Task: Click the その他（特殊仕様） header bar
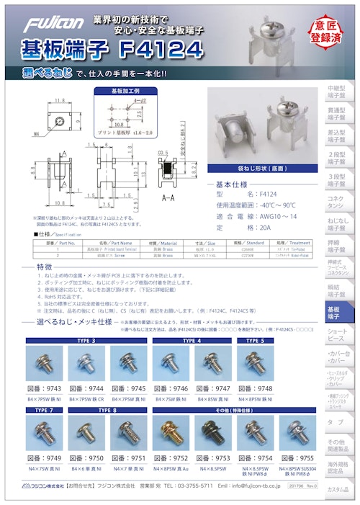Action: (x=235, y=410)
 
